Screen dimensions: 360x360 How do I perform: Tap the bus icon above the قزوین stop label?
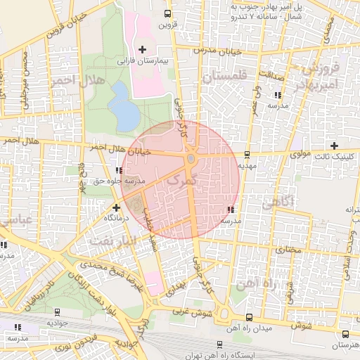pyautogui.click(x=167, y=13)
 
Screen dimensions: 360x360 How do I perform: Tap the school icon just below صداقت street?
pyautogui.click(x=278, y=94)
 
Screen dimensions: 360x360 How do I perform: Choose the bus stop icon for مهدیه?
pyautogui.click(x=246, y=155)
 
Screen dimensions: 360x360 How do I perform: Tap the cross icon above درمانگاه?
pyautogui.click(x=116, y=207)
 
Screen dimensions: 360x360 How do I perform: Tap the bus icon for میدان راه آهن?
pyautogui.click(x=250, y=317)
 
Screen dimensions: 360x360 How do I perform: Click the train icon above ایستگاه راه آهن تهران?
pyautogui.click(x=219, y=345)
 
